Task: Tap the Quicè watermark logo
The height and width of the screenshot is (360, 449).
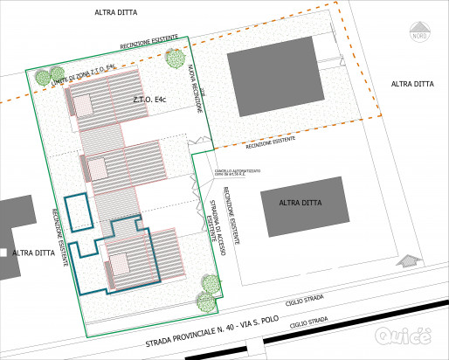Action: (x=403, y=335)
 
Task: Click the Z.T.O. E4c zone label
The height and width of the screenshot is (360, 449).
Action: (x=149, y=102)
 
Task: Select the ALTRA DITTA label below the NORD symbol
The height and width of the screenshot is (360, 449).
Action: (x=412, y=84)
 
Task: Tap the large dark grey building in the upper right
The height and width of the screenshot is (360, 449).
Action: (x=273, y=78)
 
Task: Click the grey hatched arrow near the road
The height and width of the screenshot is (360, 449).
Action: (x=406, y=260)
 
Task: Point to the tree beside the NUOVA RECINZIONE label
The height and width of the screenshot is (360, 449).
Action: (x=175, y=59)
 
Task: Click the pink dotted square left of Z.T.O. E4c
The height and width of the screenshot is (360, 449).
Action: (x=82, y=104)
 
